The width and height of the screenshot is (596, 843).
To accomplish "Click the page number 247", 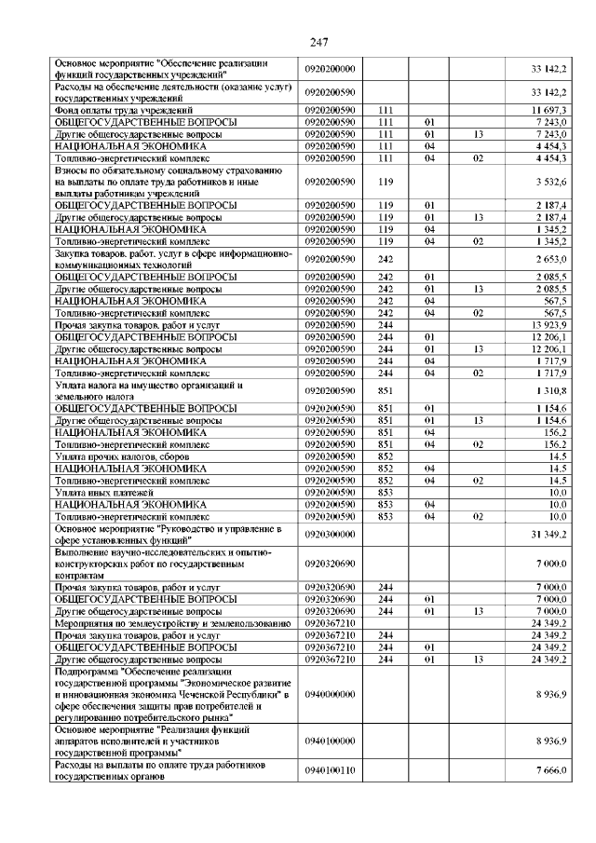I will click(297, 41).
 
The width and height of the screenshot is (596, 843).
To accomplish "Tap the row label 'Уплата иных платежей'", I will click(103, 492).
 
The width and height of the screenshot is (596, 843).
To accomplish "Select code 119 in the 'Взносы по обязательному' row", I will click(386, 181).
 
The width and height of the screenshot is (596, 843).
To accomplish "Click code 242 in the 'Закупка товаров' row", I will click(386, 257).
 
